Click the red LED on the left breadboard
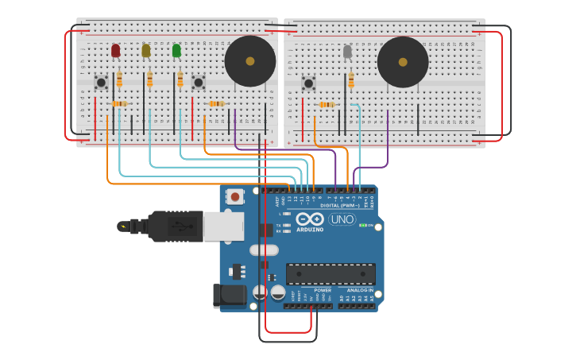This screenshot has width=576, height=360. click(x=116, y=51)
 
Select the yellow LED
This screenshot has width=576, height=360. click(x=146, y=51)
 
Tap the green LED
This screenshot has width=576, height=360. click(x=176, y=51)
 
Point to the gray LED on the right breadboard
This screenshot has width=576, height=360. click(x=347, y=52)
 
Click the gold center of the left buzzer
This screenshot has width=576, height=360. click(x=250, y=61)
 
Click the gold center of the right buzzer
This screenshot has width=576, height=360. click(x=403, y=62)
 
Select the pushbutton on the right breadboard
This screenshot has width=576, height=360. click(x=308, y=83)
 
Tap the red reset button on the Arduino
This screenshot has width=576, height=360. click(x=235, y=195)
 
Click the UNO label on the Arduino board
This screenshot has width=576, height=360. click(x=342, y=219)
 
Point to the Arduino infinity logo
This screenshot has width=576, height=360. click(x=309, y=219)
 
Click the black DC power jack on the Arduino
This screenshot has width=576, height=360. click(x=229, y=296)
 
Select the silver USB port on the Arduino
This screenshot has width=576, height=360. click(x=222, y=226)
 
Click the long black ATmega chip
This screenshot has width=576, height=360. click(x=331, y=274)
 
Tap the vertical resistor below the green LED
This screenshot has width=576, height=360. click(x=180, y=80)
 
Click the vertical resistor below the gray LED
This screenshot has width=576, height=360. click(x=351, y=81)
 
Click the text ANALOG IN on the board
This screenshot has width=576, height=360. click(x=359, y=290)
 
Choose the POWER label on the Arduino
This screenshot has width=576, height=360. click(x=323, y=290)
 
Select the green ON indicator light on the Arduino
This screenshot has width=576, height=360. click(x=362, y=226)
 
